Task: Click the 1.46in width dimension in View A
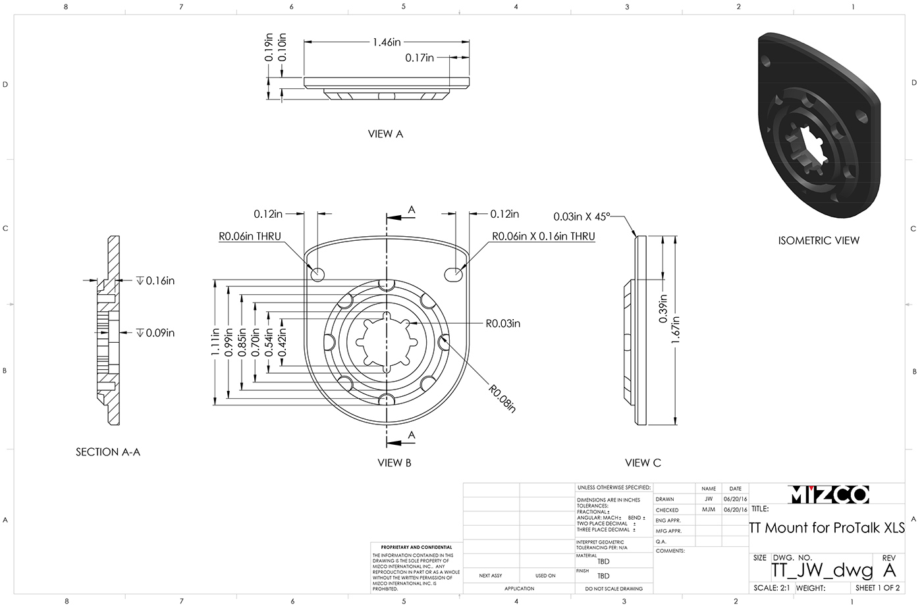click(x=387, y=42)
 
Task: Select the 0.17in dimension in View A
click(x=420, y=58)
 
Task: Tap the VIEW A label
click(x=385, y=134)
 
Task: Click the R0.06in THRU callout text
click(x=251, y=236)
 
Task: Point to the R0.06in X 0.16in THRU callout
click(x=543, y=236)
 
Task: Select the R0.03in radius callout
click(x=502, y=323)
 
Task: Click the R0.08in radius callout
click(x=501, y=397)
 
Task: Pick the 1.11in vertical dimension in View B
click(x=215, y=342)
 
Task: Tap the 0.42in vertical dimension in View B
click(x=282, y=342)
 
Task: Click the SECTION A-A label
click(x=108, y=452)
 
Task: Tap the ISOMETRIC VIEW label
click(x=819, y=241)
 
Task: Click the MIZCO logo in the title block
click(x=828, y=495)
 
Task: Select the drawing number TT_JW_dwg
click(x=822, y=570)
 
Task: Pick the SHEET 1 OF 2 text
click(x=877, y=588)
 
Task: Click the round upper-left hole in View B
click(x=318, y=274)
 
